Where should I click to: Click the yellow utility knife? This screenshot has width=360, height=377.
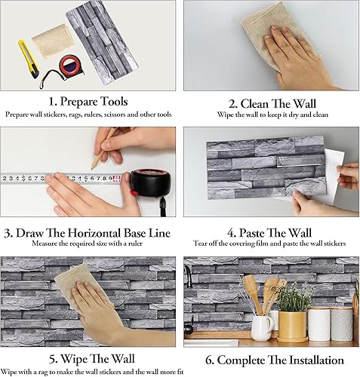click(28, 59)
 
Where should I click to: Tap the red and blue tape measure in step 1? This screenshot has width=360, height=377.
click(70, 66)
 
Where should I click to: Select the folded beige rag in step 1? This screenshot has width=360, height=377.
click(54, 41)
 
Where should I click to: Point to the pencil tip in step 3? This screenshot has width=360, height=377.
click(93, 168)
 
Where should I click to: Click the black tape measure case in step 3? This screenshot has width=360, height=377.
click(151, 182)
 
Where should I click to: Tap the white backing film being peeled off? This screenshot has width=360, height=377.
click(327, 176)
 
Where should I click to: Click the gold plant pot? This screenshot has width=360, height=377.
click(292, 326)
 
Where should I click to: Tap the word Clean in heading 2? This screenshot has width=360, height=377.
click(254, 103)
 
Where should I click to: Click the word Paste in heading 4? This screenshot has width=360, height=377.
click(251, 233)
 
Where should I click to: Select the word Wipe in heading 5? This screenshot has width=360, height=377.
click(74, 358)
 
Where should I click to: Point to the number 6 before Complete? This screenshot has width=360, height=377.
click(209, 360)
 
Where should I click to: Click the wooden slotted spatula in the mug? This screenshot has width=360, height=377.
click(251, 293)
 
